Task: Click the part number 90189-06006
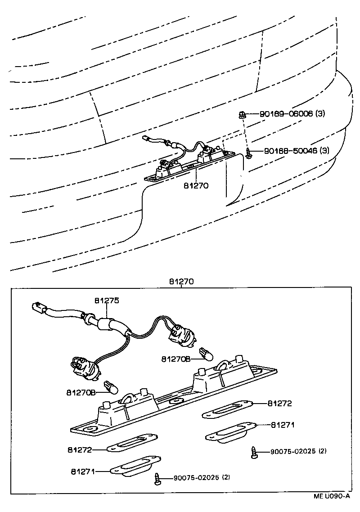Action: click(286, 114)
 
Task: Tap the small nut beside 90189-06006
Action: click(242, 114)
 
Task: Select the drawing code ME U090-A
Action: click(332, 496)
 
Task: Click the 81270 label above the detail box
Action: click(181, 282)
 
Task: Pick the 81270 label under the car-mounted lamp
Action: click(196, 185)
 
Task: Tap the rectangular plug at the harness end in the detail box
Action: click(39, 309)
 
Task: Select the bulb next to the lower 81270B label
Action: click(109, 386)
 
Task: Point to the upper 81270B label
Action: click(176, 359)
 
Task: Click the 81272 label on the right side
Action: click(279, 404)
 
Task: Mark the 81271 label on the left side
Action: click(83, 472)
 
